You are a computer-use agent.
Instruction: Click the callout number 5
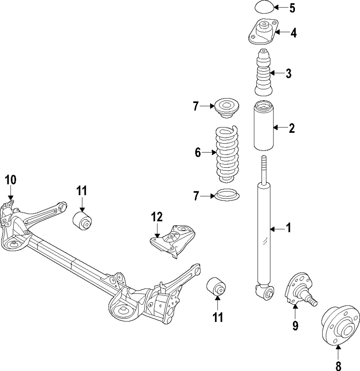pos(292,8)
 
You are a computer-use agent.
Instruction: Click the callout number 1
pos(288,228)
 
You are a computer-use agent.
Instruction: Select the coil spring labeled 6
pos(228,155)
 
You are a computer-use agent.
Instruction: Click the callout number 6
pos(198,153)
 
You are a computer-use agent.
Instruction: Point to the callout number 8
pos(338,365)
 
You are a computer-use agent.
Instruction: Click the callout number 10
pos(10,180)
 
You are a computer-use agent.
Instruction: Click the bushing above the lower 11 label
pos(216,287)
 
